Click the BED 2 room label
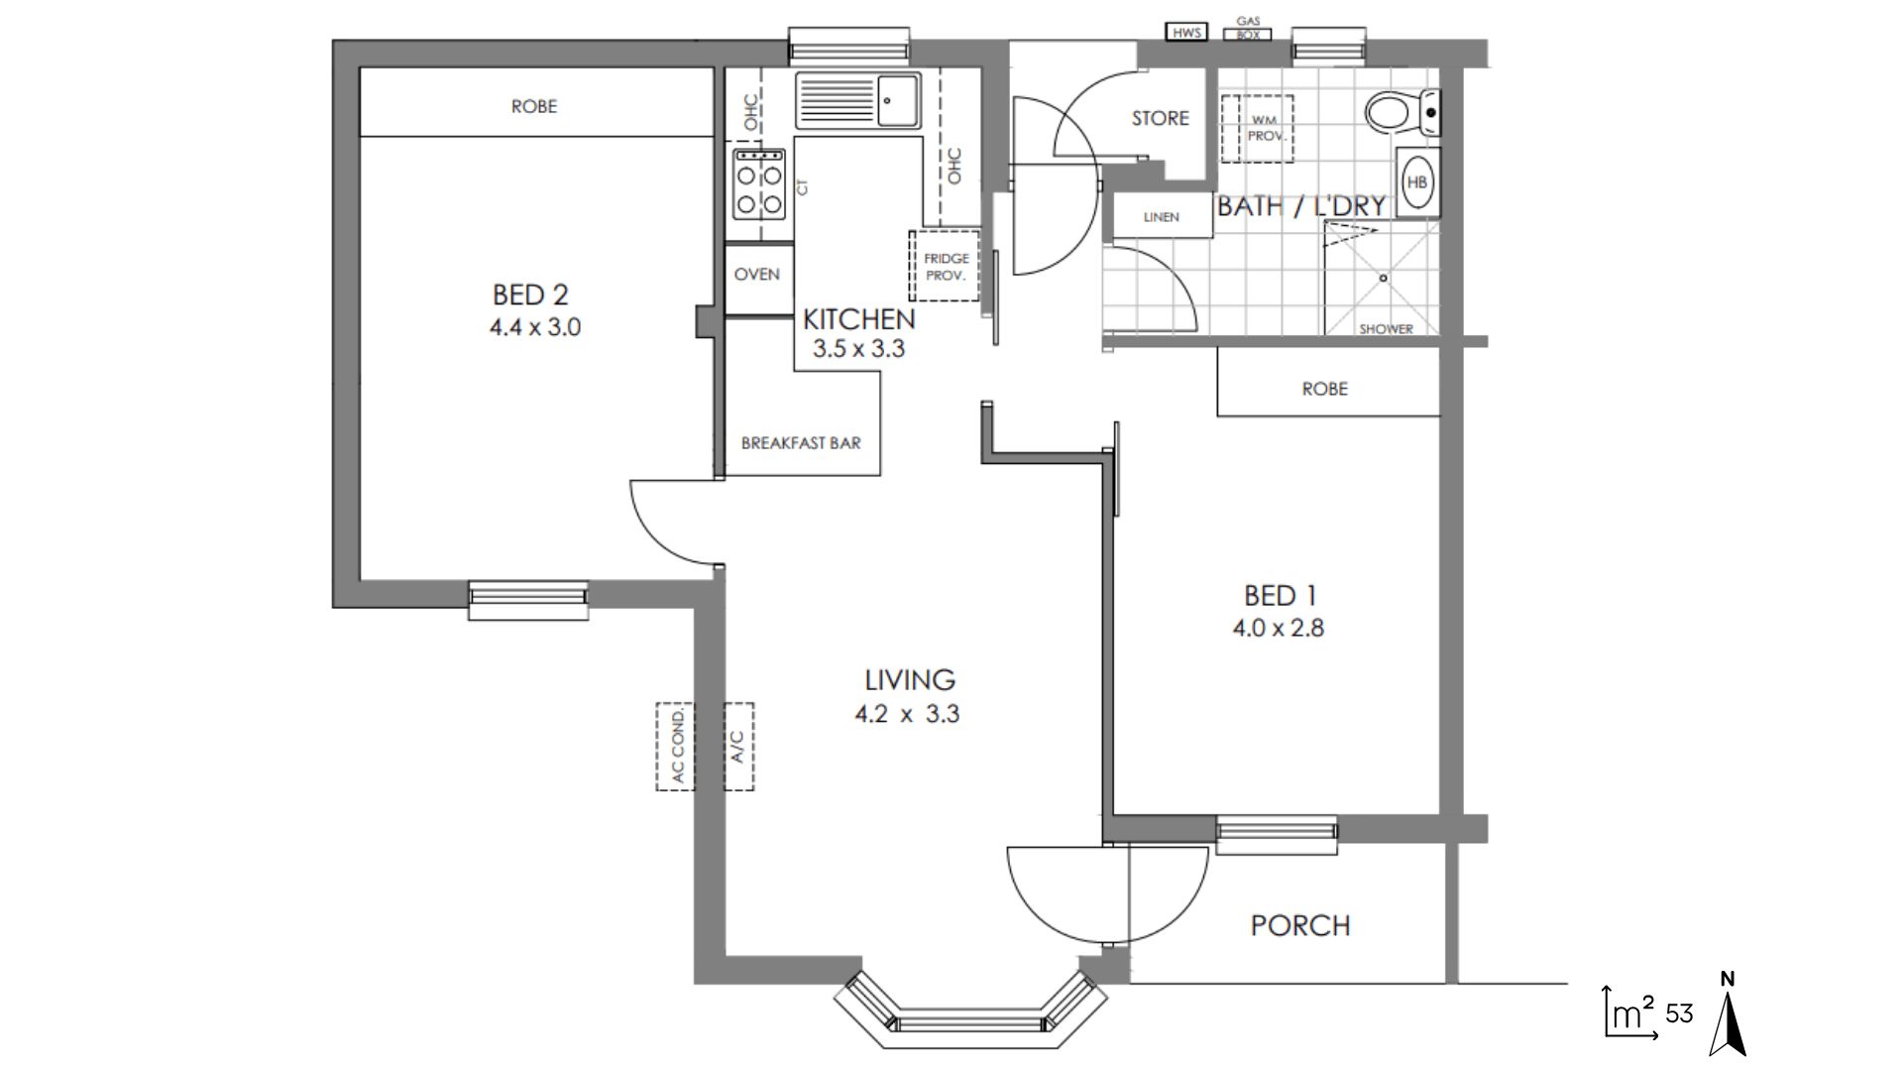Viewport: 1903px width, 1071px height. pos(530,295)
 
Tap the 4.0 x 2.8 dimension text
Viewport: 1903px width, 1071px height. pos(1278,628)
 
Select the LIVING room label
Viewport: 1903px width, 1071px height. pos(910,680)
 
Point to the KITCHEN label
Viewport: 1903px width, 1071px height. pos(858,319)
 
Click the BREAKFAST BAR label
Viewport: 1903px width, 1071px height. pos(801,443)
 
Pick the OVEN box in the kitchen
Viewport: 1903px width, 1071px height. pos(757,275)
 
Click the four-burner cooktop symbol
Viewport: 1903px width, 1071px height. pos(759,183)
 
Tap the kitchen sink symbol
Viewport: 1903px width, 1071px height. pos(858,100)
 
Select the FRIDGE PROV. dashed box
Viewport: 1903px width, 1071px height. pos(945,266)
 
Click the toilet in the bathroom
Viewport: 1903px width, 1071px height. pos(1402,111)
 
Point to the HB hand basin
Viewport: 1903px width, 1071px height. pos(1417,182)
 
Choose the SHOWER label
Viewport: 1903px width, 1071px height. pos(1386,329)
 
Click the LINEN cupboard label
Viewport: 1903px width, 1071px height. pos(1161,217)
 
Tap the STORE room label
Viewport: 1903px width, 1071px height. pos(1161,118)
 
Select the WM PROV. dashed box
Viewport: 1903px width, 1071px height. pos(1257,128)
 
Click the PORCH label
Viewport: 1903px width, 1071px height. pos(1300,926)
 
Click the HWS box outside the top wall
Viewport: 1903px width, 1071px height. pos(1186,33)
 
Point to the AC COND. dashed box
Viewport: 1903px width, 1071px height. pos(676,747)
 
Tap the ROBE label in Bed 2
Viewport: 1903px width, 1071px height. pos(534,106)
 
